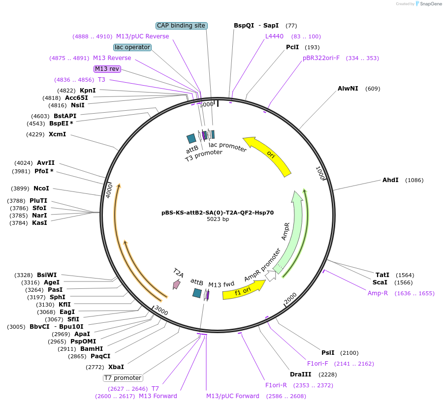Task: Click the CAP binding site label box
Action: coord(181,26)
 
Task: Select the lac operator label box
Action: coord(132,47)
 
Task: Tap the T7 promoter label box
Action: coord(123,378)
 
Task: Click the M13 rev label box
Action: coord(107,69)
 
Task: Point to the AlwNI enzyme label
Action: coord(348,89)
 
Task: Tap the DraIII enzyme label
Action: coord(300,374)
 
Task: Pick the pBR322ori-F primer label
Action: coord(321,58)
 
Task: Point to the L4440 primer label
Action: coord(274,36)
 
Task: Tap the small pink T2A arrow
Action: coord(176,284)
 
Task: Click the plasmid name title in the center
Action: coord(218,213)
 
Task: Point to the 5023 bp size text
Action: coord(218,219)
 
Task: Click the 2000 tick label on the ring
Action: coord(290,298)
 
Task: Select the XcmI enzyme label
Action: coord(57,134)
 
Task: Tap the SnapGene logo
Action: coord(426,4)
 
